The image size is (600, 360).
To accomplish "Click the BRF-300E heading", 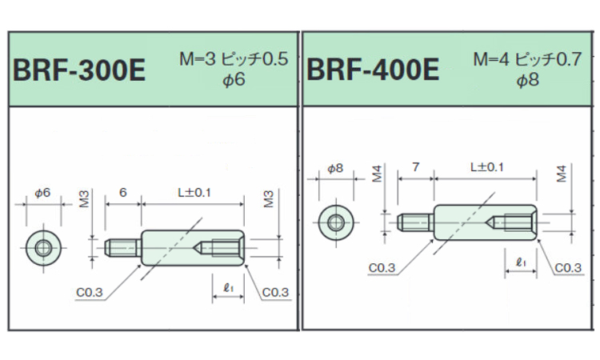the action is pos(79,70).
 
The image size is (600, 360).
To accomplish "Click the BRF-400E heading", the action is pos(373,70).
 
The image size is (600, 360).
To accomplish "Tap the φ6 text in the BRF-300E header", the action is pos(234,80).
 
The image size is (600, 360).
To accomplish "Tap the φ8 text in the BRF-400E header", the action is pos(528,80).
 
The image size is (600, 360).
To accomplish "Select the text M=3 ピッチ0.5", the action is pos(234,59).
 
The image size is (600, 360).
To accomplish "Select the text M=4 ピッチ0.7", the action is pos(527,59).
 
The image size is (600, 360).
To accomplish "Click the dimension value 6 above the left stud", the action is pos(123,192).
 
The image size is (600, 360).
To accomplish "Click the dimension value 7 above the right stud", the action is pos(415,167).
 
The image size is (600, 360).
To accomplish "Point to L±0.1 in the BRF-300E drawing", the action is pos(194,192).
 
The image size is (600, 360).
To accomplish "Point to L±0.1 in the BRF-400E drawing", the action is pos(486,167).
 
